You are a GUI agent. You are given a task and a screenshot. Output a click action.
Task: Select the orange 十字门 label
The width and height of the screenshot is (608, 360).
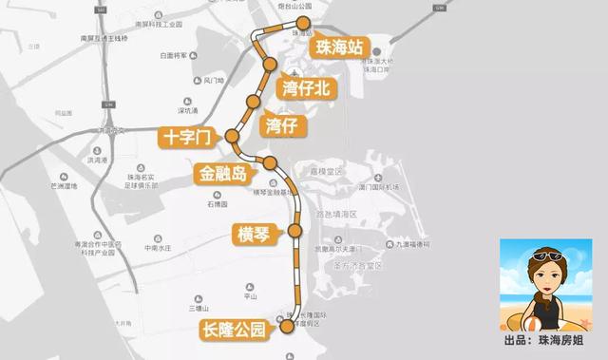185,139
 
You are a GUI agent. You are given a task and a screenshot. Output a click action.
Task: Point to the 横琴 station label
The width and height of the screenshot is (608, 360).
256,232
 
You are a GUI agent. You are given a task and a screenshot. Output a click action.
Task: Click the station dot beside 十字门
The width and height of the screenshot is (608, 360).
231,139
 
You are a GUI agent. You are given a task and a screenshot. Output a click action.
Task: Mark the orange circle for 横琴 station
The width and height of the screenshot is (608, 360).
294,231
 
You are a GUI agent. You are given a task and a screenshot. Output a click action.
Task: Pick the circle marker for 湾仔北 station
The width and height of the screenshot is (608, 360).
270,65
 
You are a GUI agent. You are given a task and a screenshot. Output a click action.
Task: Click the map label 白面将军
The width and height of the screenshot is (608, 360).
177,55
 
